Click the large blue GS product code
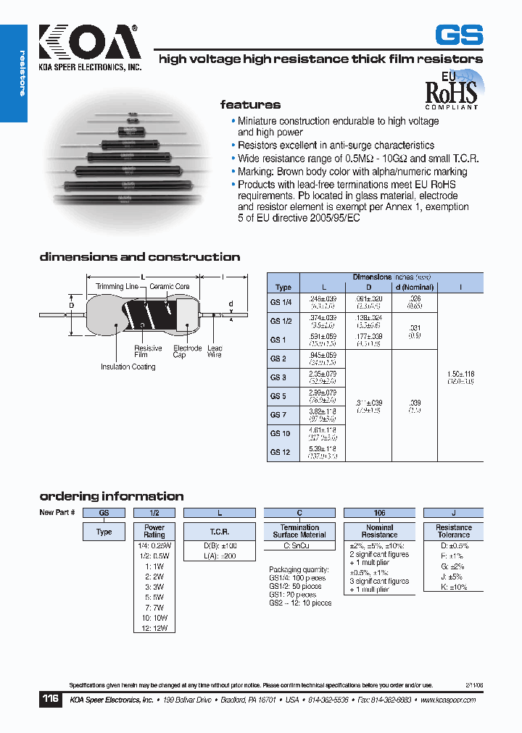click(458, 35)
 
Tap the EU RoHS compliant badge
click(451, 90)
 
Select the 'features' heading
click(250, 105)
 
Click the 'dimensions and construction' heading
click(139, 257)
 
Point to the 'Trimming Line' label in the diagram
click(117, 287)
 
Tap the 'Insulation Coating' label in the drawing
click(128, 367)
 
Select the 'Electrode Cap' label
click(179, 351)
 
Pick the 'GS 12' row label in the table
click(280, 452)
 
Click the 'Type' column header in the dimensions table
click(283, 287)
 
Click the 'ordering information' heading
click(111, 496)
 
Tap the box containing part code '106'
click(379, 512)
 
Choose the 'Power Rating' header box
click(154, 531)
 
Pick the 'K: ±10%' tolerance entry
click(453, 587)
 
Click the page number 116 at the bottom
click(50, 700)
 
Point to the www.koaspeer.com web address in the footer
click(447, 700)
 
